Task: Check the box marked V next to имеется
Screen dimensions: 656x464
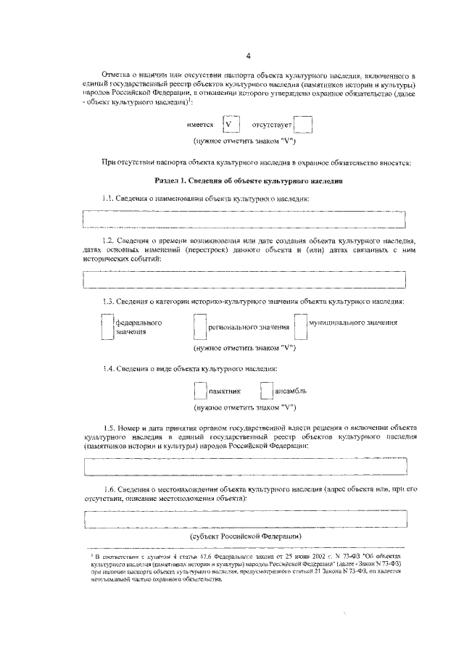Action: coord(230,125)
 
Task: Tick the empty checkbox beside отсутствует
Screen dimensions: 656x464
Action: coord(303,125)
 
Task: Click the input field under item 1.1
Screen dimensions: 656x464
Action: coord(244,219)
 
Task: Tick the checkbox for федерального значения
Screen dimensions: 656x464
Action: coord(107,326)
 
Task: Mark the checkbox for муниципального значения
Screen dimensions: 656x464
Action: coord(300,326)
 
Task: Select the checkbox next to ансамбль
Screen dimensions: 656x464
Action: coord(266,391)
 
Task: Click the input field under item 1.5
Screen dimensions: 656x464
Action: coord(244,465)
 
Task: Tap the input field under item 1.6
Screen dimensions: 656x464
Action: coord(244,520)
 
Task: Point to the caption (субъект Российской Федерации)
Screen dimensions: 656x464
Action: coord(245,536)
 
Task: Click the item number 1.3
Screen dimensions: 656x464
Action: coord(109,301)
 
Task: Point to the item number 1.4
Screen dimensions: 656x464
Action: coord(109,369)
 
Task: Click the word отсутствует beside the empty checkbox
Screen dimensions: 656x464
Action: coord(270,125)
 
